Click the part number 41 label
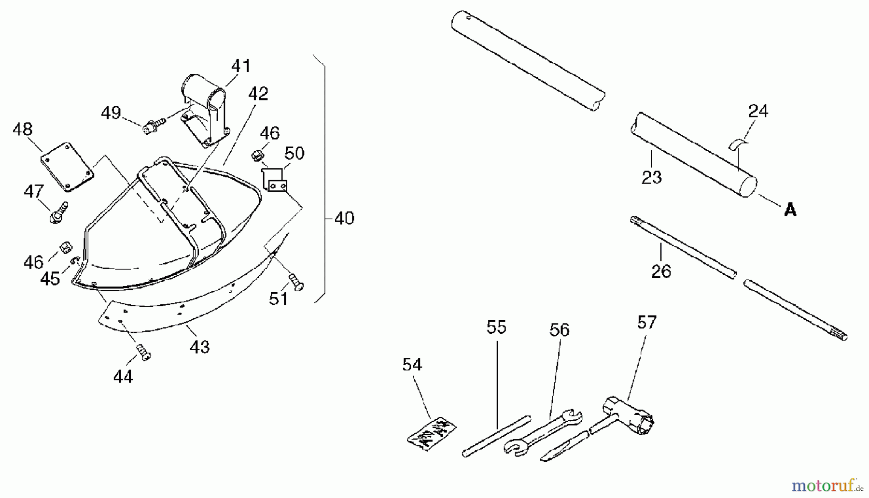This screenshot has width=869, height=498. click(241, 66)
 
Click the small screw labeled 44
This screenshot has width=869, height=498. click(143, 352)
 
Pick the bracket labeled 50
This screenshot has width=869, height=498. click(275, 179)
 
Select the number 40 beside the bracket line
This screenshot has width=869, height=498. click(344, 218)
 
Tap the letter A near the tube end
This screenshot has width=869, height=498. click(790, 210)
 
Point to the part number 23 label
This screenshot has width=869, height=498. click(651, 177)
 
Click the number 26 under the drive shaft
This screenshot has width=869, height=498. click(661, 271)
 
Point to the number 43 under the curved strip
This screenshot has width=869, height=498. click(199, 347)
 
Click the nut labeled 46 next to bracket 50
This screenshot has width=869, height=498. click(256, 156)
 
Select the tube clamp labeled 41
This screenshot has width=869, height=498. click(205, 110)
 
